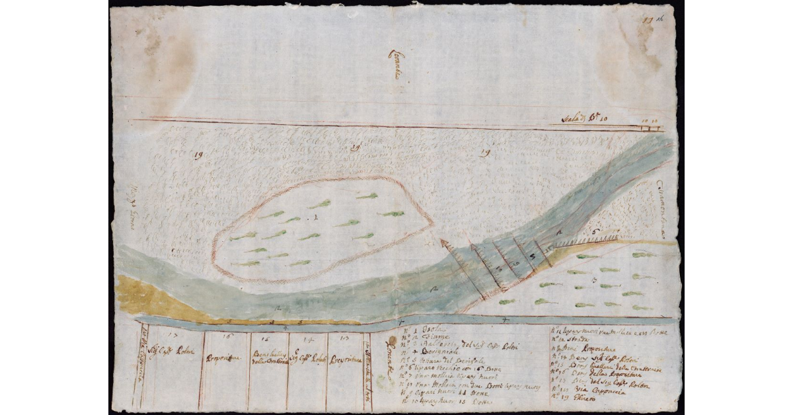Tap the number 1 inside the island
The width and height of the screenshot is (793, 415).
[x=316, y=216]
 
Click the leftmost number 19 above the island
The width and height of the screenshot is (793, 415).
[x=198, y=155]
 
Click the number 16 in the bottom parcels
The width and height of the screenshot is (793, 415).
[x=226, y=337]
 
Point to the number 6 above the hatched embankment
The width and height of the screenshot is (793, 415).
[x=595, y=231]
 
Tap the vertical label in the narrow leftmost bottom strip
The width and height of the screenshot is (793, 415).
[x=142, y=363]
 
